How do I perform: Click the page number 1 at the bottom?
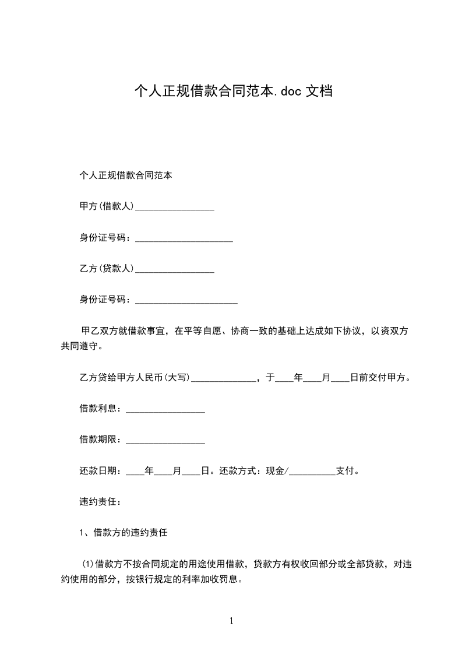(x=231, y=621)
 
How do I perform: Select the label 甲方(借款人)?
(x=107, y=206)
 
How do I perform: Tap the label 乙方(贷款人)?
(x=107, y=269)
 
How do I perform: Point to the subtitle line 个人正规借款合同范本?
(x=125, y=175)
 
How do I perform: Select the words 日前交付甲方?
(x=380, y=378)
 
